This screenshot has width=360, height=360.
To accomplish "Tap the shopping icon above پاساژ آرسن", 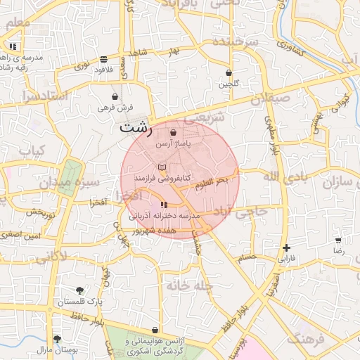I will (173, 131).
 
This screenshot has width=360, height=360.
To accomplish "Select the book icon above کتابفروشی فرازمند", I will (163, 167).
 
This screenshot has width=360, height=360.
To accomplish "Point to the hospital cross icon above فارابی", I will (286, 247).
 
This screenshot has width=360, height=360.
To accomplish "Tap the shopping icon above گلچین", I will (229, 73).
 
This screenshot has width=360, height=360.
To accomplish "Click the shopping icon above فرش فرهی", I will (115, 96).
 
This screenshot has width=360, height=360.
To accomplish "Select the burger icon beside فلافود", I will (104, 60).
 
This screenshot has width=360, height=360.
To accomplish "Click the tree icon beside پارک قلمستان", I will (79, 290).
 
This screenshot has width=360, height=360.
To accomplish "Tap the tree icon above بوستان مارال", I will (57, 339).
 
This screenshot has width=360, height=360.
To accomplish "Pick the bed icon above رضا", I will (338, 240).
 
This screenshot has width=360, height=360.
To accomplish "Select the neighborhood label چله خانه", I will (189, 285).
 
